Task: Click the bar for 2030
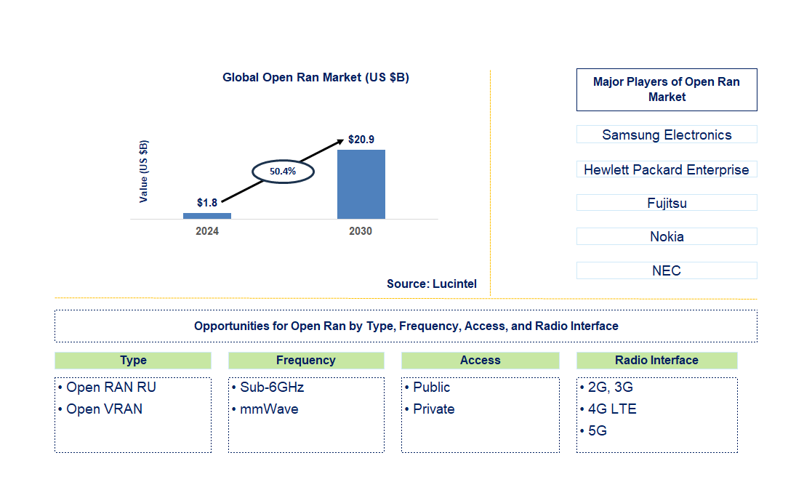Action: click(361, 184)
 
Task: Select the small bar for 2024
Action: click(207, 216)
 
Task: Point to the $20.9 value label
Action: click(361, 140)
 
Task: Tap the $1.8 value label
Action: click(207, 203)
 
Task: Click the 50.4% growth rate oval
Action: click(283, 172)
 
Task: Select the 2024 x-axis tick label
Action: click(207, 231)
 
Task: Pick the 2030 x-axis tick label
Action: click(361, 231)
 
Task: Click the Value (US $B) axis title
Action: click(144, 171)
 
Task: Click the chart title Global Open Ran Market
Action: click(315, 77)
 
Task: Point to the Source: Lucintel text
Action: click(432, 284)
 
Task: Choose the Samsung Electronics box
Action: click(667, 134)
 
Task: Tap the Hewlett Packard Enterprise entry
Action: click(667, 169)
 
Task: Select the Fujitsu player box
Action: click(667, 203)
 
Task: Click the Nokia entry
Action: click(667, 236)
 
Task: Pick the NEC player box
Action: click(667, 270)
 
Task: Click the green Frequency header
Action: click(306, 361)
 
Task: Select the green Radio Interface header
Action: click(656, 361)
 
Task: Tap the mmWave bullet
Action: click(268, 409)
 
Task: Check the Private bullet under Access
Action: click(433, 409)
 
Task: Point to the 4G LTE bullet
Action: click(611, 409)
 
